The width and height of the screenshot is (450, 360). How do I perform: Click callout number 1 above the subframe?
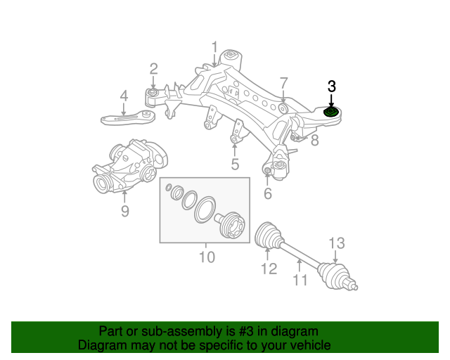click(215, 48)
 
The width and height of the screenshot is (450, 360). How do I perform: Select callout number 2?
click(153, 68)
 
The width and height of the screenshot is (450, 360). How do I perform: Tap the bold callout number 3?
click(332, 86)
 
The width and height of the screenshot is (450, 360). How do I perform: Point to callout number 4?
click(123, 96)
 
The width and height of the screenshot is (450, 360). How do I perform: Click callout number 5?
click(235, 165)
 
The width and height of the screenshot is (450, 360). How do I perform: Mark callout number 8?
click(314, 140)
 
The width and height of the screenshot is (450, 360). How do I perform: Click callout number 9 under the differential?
click(124, 210)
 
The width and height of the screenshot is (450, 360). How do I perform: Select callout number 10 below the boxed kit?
click(206, 257)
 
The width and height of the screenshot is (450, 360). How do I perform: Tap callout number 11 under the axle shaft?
click(300, 281)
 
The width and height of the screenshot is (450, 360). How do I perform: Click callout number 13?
click(337, 243)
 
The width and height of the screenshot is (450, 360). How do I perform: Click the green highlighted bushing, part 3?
click(330, 112)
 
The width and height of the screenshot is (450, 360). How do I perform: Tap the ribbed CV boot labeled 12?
click(267, 234)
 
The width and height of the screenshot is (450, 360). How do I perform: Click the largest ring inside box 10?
click(206, 210)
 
